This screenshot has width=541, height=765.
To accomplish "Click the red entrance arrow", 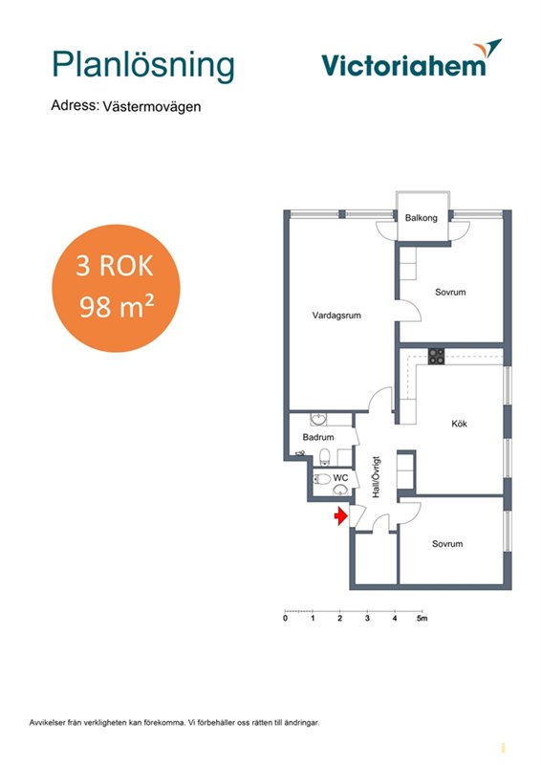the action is (x=340, y=515).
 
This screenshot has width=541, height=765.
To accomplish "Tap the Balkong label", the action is (x=421, y=218).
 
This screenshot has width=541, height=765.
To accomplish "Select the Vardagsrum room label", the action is (x=336, y=316).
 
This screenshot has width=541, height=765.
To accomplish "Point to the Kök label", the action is (x=459, y=424).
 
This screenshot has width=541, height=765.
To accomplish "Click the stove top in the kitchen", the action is (x=436, y=356).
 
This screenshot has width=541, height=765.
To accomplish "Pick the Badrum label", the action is (x=318, y=437).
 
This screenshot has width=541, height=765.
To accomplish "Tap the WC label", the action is (x=340, y=477).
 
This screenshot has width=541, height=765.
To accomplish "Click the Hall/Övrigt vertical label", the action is (x=376, y=477).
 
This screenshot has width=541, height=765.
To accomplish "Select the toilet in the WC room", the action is (x=321, y=478).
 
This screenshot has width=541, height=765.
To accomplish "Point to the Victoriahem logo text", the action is (x=404, y=65).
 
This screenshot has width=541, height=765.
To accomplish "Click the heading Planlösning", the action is (x=143, y=66).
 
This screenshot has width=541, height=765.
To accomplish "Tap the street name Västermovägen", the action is (x=152, y=107).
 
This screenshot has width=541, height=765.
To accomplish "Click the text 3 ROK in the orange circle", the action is (x=115, y=266).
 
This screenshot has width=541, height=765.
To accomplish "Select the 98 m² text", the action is (x=117, y=307).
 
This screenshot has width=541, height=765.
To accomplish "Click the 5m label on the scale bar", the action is (x=422, y=618).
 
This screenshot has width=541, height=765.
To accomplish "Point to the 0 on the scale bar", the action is (x=286, y=618).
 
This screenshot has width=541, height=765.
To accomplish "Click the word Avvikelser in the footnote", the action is (x=43, y=723).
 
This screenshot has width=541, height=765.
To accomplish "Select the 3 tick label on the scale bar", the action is (x=367, y=618).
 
